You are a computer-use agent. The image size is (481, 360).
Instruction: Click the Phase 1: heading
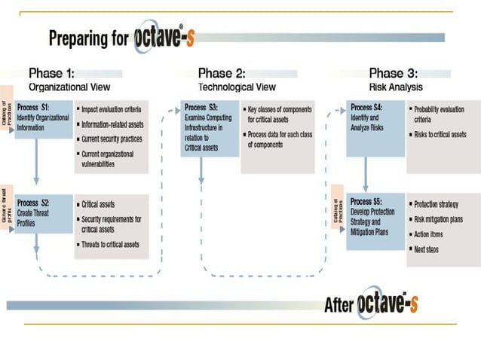pos(52,73)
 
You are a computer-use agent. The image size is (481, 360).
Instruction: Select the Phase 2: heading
pos(222,73)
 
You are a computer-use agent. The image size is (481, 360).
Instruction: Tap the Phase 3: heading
pos(393,73)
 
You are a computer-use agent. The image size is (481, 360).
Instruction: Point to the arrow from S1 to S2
pos(35,166)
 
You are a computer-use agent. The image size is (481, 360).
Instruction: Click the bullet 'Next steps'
pos(426,249)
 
